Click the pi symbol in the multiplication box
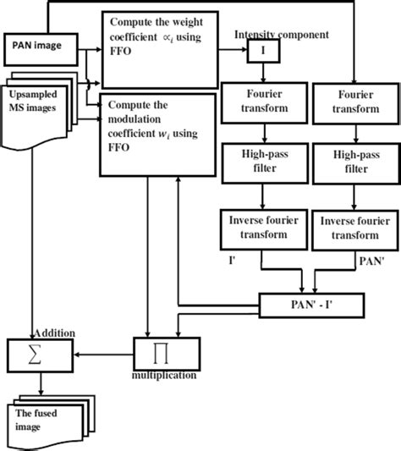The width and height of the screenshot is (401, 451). click(157, 355)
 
